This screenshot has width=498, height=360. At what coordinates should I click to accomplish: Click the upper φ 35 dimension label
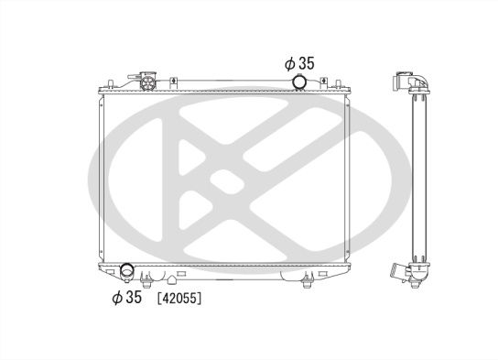pos(300,63)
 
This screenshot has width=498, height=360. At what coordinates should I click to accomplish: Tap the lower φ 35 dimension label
pos(128,298)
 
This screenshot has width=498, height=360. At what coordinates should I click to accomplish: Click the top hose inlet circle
pos(299,83)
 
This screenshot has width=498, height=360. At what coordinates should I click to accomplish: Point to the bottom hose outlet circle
pos(128,272)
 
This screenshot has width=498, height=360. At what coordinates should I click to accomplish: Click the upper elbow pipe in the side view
pos(409,82)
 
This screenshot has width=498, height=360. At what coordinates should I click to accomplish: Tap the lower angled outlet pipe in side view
pos(395,272)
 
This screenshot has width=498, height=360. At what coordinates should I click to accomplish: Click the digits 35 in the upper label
pos(308,63)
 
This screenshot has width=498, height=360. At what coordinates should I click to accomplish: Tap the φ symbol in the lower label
pos(117,298)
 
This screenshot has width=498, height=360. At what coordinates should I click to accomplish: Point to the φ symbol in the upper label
pos(288,63)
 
